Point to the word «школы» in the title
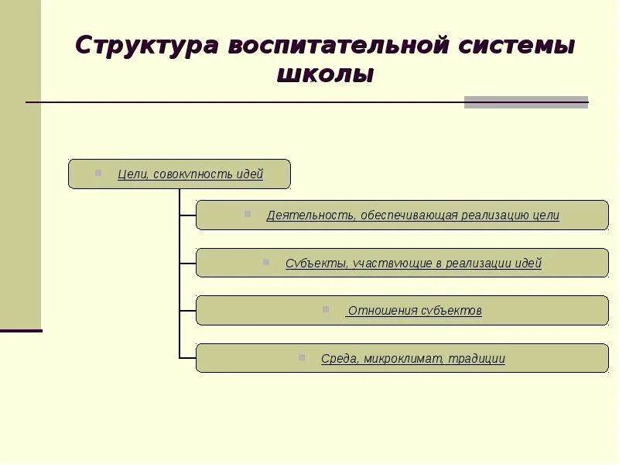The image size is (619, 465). (325, 74)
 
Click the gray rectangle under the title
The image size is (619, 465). (526, 102)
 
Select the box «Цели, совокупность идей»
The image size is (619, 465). (180, 174)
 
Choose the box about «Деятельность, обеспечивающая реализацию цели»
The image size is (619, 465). (402, 215)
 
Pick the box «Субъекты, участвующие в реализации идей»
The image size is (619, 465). (402, 263)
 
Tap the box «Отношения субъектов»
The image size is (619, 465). (402, 311)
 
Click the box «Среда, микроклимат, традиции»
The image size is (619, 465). (402, 358)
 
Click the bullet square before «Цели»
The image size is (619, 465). (98, 173)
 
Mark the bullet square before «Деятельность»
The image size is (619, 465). (248, 214)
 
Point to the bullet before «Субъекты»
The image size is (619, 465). (266, 262)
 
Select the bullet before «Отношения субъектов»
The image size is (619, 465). (326, 309)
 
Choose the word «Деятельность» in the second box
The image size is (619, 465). (309, 215)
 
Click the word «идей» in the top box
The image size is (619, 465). (249, 174)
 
